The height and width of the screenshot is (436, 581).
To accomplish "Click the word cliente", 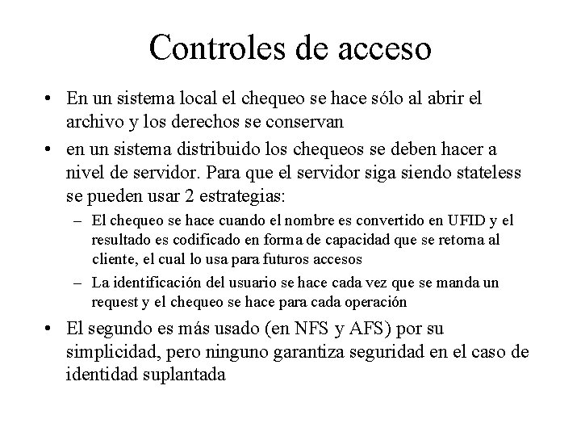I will [x=115, y=260].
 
